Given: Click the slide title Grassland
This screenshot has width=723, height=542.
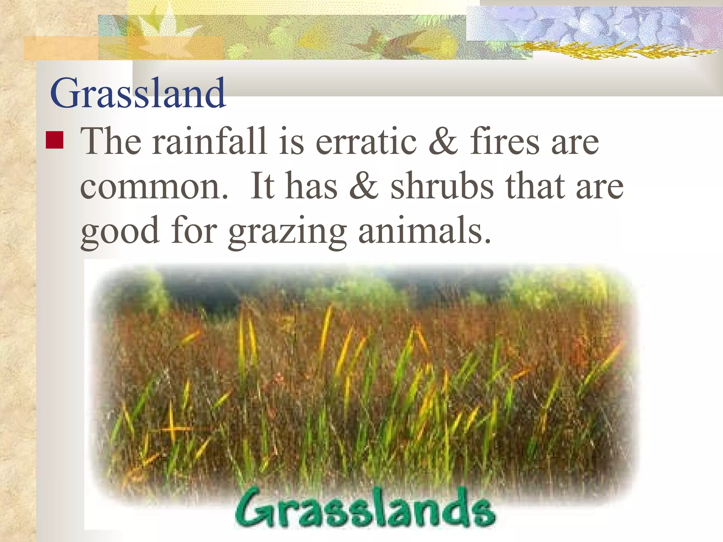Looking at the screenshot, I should tap(138, 94).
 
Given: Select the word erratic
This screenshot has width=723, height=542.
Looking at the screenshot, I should tap(366, 142).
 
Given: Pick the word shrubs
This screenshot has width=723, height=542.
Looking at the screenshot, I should tap(442, 186).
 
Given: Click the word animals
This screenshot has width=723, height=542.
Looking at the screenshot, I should tap(424, 231).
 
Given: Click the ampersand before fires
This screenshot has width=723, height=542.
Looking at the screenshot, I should tap(443, 142).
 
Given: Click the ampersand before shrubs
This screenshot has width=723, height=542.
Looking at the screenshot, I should tap(364, 186).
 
